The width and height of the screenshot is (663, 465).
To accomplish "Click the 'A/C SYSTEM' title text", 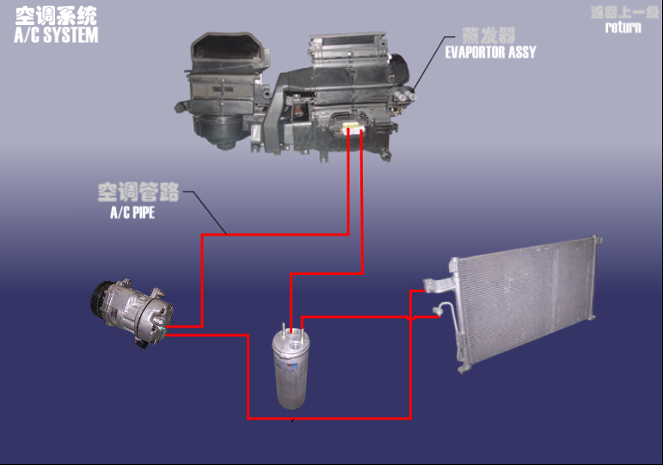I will click(x=56, y=35).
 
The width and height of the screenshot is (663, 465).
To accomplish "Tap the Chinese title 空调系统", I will click(x=56, y=15).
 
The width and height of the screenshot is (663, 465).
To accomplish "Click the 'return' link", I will click(x=623, y=27).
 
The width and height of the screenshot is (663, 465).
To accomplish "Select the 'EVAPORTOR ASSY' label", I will click(x=490, y=52).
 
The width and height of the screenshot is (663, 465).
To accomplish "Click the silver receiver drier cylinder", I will click(x=290, y=369).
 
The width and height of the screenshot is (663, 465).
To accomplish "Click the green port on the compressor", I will click(x=161, y=327).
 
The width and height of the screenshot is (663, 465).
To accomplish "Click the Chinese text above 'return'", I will click(x=623, y=12).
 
